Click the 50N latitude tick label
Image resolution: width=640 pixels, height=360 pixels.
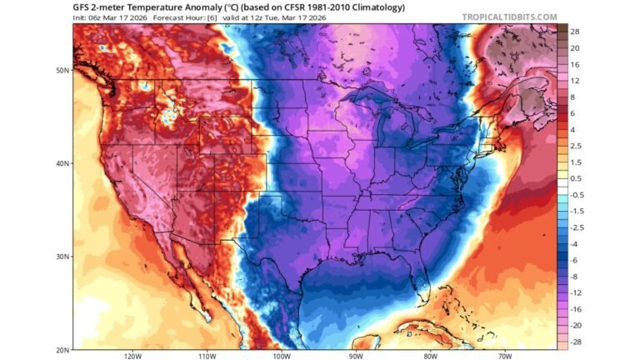point(62,70)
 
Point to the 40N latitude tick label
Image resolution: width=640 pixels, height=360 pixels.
point(62,163)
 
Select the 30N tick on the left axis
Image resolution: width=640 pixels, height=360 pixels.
point(62,257)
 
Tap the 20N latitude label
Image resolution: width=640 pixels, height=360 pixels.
point(62,349)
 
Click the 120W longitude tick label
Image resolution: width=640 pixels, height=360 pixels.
point(132,356)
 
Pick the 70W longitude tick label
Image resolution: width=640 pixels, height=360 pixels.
point(505,356)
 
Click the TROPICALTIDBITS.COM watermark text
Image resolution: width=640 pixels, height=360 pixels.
point(509,17)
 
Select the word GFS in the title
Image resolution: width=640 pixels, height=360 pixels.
point(82,7)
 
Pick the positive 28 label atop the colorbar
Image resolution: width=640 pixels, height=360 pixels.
point(575,32)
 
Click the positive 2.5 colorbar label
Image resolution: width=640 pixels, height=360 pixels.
point(576,146)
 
